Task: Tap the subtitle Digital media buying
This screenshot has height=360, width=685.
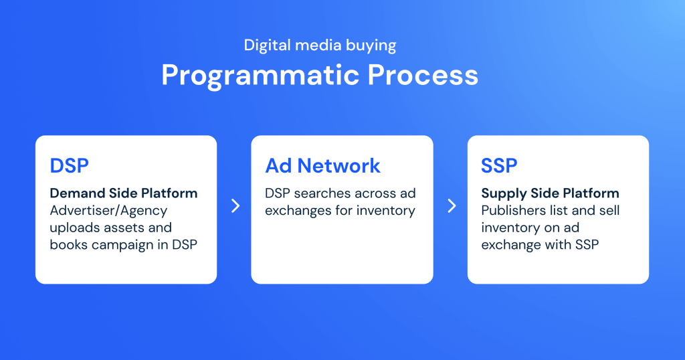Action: pos(320,46)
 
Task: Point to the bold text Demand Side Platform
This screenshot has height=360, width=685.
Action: pos(124,193)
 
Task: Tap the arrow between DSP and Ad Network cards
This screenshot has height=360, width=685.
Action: pos(235,206)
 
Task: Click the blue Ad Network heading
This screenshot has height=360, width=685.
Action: pos(322,165)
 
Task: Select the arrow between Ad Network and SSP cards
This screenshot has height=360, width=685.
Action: pos(451,206)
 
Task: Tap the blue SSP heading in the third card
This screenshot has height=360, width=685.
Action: pos(499,165)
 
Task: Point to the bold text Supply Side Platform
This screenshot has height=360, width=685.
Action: pos(550,193)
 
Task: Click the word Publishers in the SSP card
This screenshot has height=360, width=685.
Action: pos(513,211)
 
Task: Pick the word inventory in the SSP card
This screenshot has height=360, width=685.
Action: pos(510,228)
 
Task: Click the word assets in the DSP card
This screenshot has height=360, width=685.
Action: pos(124,228)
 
